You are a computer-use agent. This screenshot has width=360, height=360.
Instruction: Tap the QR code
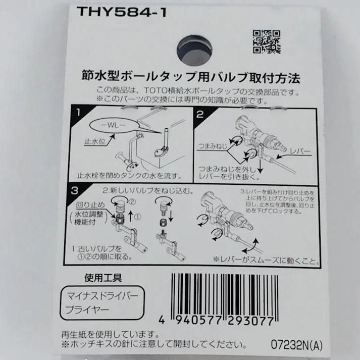pyautogui.click(x=266, y=42)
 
